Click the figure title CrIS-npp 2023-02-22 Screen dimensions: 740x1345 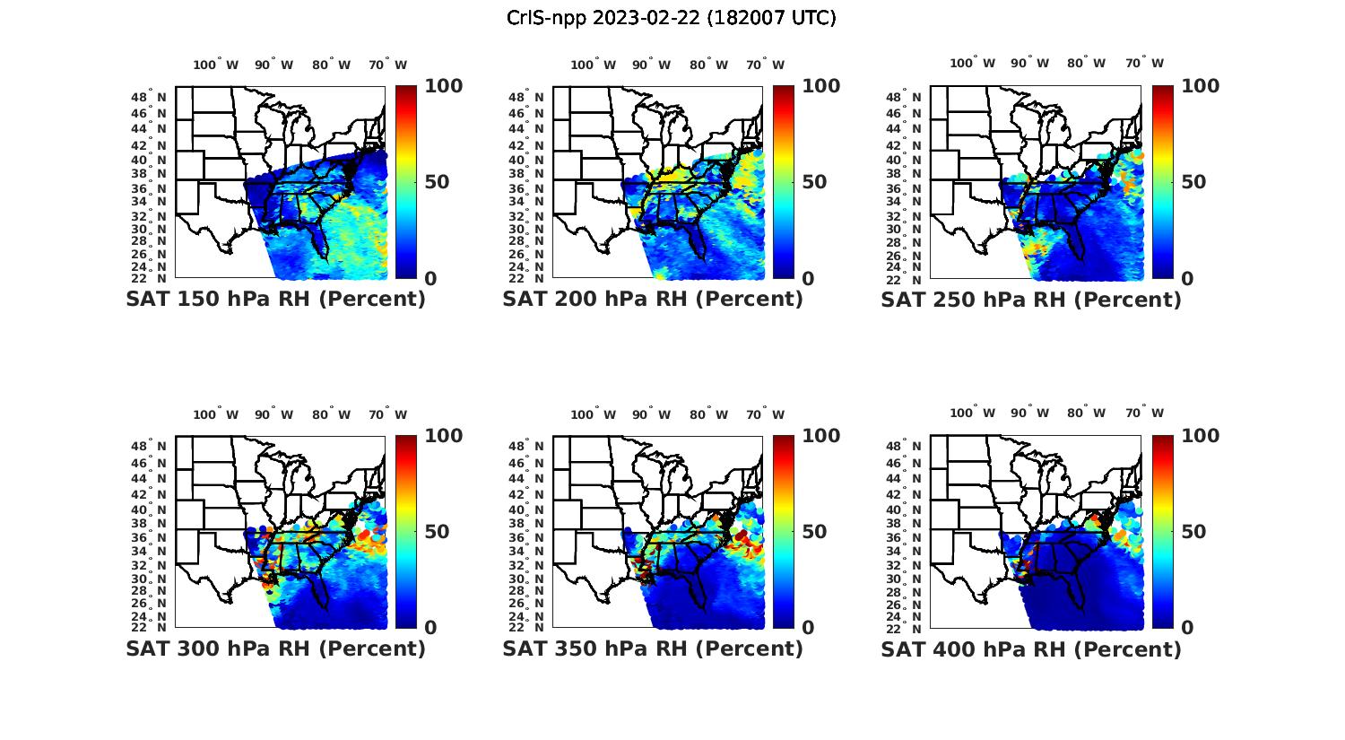pos(671,18)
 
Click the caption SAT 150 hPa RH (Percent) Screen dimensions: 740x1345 pos(275,300)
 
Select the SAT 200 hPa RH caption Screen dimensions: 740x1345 pos(653,300)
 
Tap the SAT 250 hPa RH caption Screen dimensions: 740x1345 pos(1031,300)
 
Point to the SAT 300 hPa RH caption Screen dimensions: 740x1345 pos(275,649)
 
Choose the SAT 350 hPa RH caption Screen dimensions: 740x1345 pos(653,649)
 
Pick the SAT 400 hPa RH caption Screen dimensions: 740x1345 pos(1031,649)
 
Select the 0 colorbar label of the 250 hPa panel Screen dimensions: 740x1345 pos(1187,279)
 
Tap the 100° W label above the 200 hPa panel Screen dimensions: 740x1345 pos(593,65)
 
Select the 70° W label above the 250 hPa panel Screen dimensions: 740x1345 pos(1144,63)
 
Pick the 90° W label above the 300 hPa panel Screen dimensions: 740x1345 pos(273,414)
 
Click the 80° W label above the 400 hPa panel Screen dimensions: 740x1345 pos(1086,413)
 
